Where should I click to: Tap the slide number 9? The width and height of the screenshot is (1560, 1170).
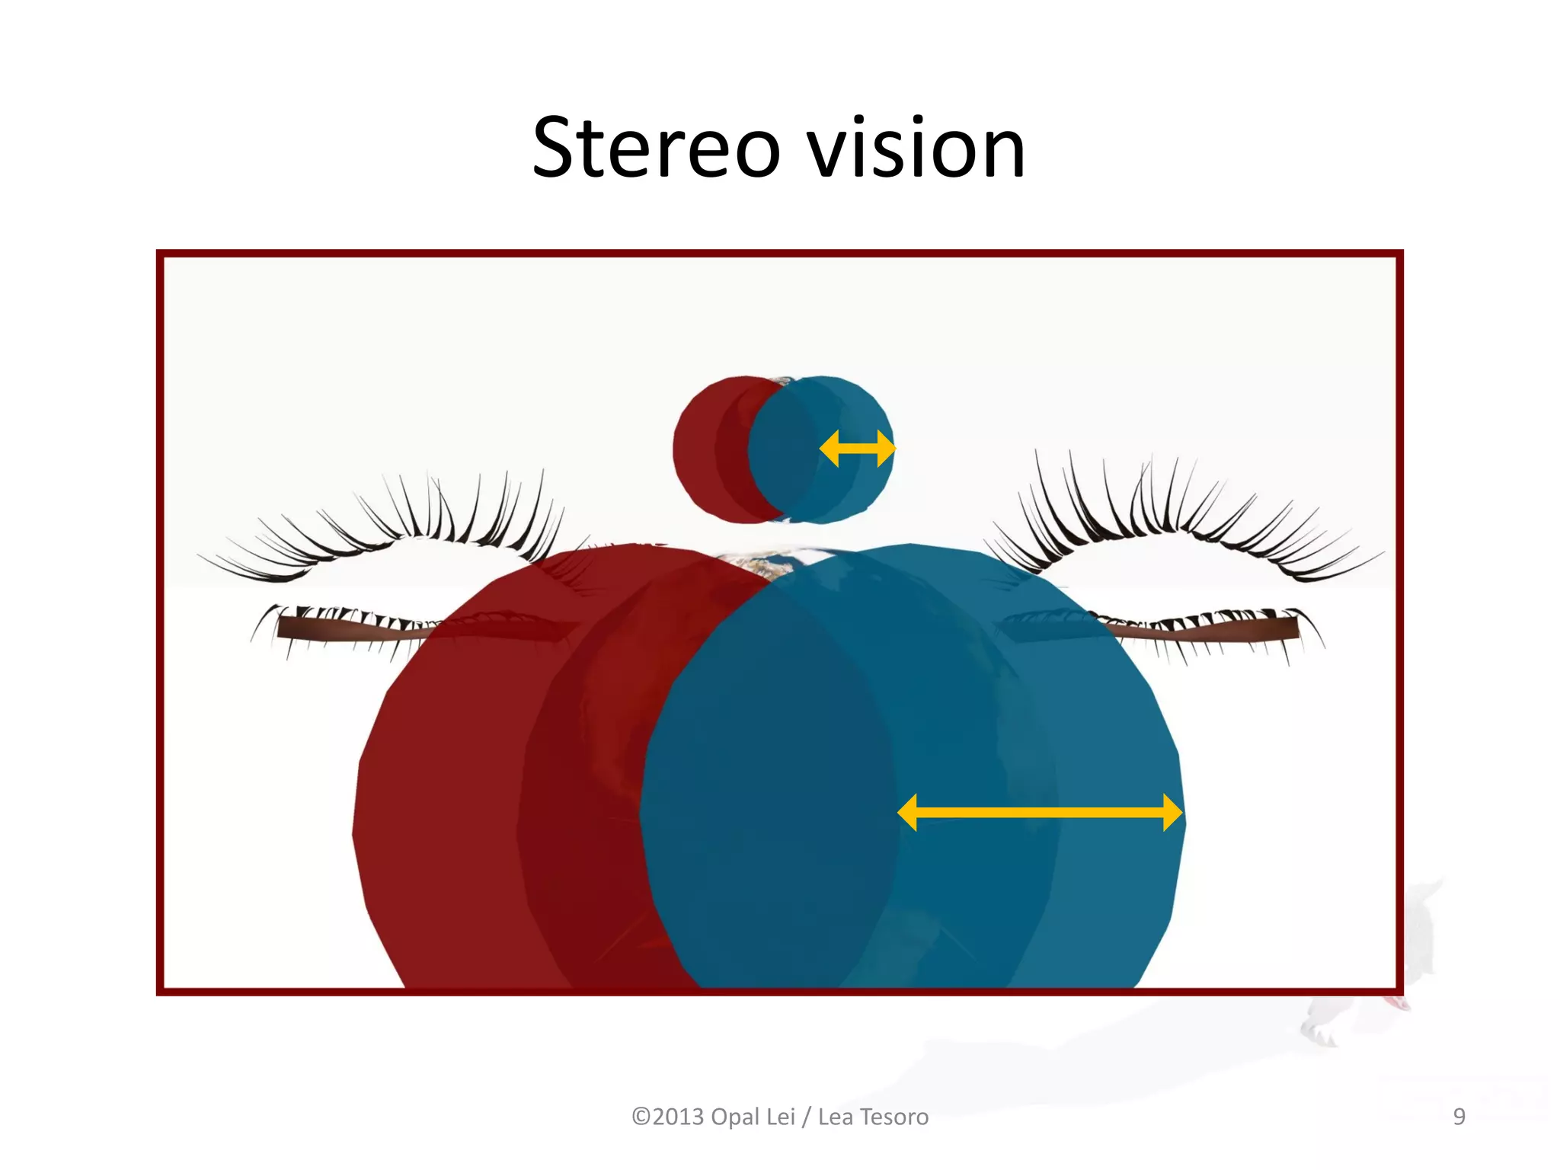point(1459,1117)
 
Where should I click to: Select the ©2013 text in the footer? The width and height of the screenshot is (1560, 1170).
point(668,1117)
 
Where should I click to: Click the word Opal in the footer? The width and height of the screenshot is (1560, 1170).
point(737,1117)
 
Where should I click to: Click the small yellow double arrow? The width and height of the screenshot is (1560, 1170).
point(857,449)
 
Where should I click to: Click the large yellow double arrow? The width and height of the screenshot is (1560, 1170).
point(1040,813)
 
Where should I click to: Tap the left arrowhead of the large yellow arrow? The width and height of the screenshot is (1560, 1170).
point(908,813)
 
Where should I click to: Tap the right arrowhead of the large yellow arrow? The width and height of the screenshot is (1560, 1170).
point(1172,813)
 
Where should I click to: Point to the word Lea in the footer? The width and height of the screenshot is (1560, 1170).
point(836,1117)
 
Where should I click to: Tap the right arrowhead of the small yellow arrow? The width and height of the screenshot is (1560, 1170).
point(886,449)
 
